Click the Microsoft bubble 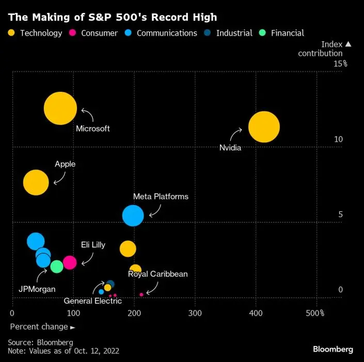(60, 108)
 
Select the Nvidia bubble (264, 126)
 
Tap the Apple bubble (36, 182)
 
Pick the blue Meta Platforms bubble (133, 215)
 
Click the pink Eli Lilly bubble (70, 262)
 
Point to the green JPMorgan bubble (57, 266)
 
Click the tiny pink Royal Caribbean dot (141, 294)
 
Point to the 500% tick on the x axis (315, 313)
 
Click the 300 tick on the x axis (195, 313)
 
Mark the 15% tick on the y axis (340, 64)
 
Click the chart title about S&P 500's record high (112, 17)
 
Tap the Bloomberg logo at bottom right (333, 349)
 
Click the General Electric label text (93, 301)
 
